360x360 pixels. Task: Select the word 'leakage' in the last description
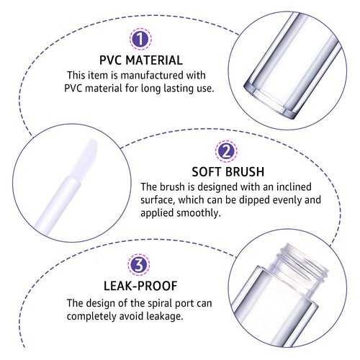(166, 317)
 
